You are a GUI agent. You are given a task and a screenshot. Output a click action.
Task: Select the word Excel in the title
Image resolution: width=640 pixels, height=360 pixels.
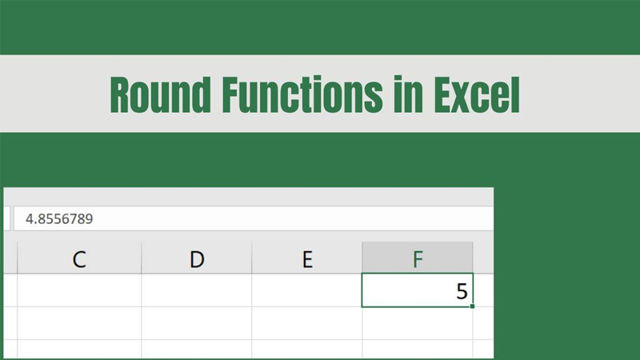476,94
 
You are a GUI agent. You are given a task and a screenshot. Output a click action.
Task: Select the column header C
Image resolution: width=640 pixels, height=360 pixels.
79,258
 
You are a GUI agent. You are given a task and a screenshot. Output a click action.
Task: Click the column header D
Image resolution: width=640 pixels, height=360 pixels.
197,258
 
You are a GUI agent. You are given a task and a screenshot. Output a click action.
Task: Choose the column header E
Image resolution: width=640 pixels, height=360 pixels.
307,258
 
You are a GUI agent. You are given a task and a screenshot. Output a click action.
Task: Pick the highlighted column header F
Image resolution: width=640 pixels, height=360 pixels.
417,258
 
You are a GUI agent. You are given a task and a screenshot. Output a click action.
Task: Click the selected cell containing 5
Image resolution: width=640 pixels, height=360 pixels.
417,290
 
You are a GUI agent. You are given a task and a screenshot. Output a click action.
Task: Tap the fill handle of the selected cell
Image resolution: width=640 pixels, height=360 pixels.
472,306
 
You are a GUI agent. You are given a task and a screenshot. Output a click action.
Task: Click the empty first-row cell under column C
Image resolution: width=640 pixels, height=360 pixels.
79,290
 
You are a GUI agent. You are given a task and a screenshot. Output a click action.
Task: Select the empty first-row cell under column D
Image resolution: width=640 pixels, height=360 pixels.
197,290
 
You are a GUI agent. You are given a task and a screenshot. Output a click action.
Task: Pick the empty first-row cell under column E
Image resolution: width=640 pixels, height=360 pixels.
307,290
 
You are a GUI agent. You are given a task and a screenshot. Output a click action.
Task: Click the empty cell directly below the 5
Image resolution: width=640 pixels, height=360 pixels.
417,322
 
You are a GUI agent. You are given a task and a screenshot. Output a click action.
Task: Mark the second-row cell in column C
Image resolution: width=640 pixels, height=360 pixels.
79,322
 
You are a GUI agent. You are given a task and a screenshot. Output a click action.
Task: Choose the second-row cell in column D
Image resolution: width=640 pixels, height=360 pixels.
197,322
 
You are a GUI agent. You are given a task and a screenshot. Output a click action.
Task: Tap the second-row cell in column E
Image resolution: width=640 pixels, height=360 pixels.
307,322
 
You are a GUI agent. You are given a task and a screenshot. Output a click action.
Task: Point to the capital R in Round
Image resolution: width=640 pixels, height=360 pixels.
121,94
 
